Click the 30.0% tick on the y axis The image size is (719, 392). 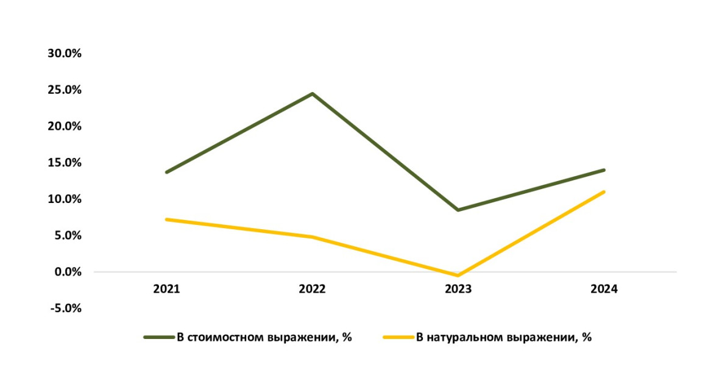[65, 54]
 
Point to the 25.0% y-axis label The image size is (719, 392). [65, 90]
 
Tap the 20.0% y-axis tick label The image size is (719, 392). [65, 126]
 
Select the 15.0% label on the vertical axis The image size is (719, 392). [65, 163]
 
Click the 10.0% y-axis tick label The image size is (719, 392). [65, 199]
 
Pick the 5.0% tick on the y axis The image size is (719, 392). [67, 235]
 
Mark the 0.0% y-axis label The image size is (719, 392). [67, 272]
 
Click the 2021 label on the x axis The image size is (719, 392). [166, 290]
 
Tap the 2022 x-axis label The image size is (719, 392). [312, 290]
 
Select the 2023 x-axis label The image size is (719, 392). [458, 290]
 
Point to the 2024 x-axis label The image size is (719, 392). [604, 290]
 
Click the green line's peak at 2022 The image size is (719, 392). [312, 94]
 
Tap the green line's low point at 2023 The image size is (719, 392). [458, 210]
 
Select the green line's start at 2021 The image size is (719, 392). [166, 172]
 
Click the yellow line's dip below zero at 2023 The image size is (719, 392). [458, 276]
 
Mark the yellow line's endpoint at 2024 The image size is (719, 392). [604, 192]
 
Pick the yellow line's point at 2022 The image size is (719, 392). [312, 237]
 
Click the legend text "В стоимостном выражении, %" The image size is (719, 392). [264, 337]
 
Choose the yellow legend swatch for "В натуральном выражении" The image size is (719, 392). [398, 337]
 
